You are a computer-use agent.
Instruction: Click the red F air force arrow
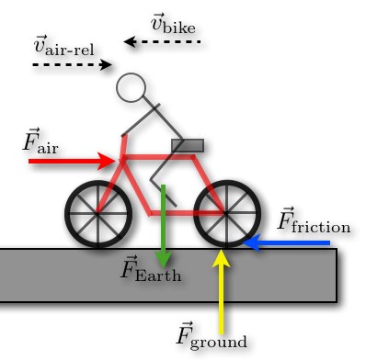click(69, 161)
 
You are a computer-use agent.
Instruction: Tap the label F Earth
click(152, 270)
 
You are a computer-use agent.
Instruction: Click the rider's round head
click(132, 87)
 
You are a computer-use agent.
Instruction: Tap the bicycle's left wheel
click(98, 214)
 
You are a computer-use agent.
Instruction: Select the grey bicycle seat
click(188, 145)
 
